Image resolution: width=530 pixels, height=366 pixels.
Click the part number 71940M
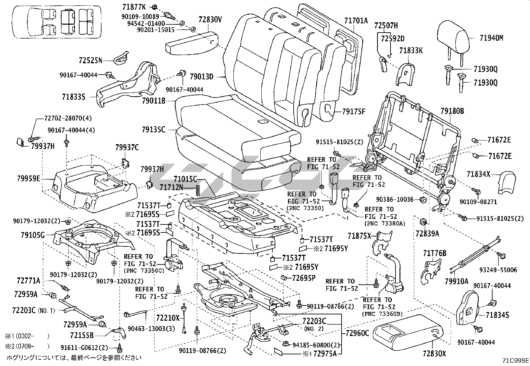[491, 38]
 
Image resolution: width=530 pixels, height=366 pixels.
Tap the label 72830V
[210, 20]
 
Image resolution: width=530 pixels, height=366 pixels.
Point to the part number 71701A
[356, 21]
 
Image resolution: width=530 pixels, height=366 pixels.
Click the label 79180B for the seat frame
[452, 111]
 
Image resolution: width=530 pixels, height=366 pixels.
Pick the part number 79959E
[29, 179]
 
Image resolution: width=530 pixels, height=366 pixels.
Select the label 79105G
[31, 235]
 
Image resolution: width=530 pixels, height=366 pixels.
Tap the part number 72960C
[357, 333]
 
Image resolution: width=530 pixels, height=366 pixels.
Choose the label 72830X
[434, 354]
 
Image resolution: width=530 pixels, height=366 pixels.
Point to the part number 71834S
[497, 315]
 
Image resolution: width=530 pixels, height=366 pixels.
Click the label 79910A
[456, 281]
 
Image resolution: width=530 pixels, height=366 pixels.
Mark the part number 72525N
[90, 61]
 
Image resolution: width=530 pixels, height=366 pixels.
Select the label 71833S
[74, 97]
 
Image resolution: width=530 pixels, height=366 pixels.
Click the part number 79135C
[153, 130]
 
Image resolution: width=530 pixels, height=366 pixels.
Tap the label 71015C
[185, 179]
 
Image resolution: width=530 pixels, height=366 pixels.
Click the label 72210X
[168, 318]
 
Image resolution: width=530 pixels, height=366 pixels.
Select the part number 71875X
[359, 236]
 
